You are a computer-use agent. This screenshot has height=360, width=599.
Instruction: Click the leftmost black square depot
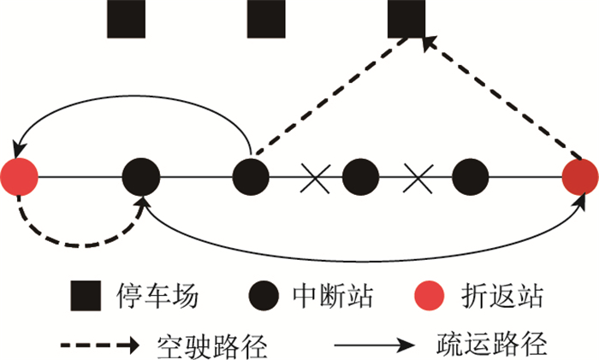click(x=126, y=18)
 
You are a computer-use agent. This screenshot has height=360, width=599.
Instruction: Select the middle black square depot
click(x=266, y=18)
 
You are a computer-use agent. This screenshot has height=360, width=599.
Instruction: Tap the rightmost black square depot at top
click(x=406, y=18)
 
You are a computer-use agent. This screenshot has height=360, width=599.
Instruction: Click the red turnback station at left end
click(x=20, y=178)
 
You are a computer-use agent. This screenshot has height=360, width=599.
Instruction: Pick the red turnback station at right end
click(x=581, y=178)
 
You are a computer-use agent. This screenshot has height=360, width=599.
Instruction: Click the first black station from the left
click(x=141, y=178)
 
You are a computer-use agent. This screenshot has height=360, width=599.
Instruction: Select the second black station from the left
click(x=251, y=178)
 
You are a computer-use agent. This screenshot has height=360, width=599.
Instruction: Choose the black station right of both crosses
click(x=470, y=178)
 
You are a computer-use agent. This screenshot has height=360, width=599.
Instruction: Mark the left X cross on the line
click(x=315, y=178)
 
